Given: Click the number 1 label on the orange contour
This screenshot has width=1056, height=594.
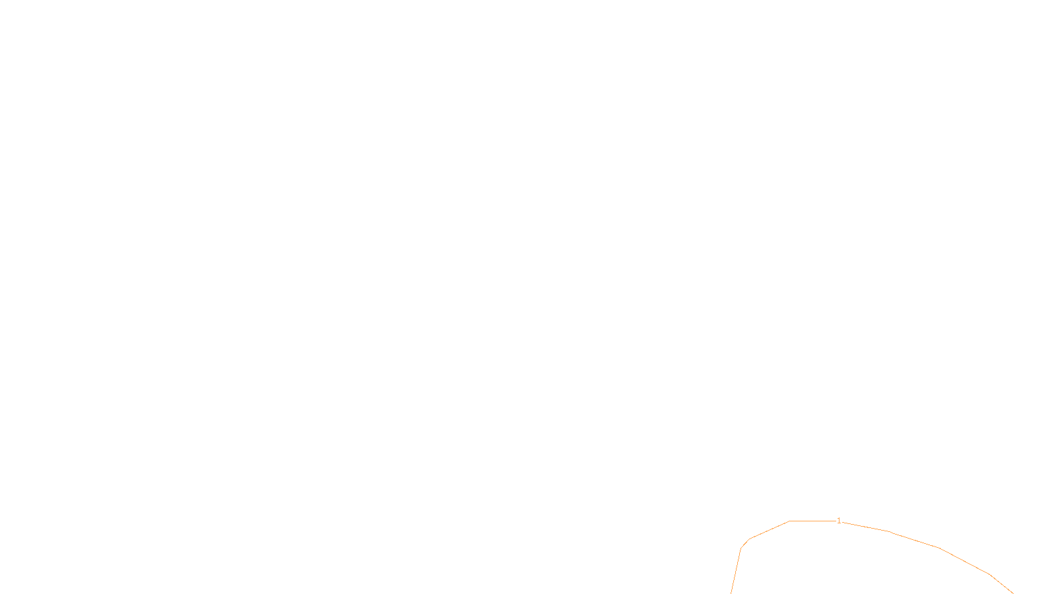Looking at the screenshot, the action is click(x=839, y=521).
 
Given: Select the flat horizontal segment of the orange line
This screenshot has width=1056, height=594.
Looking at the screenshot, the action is click(x=812, y=521).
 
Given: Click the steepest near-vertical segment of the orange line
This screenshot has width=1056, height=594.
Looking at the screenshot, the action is click(x=736, y=571).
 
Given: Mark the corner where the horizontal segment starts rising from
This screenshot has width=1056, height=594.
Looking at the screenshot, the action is click(x=790, y=521).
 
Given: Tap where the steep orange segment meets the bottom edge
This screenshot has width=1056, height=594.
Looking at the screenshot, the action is click(x=731, y=593).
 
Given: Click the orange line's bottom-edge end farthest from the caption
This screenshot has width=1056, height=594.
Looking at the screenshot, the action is click(x=1012, y=593).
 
